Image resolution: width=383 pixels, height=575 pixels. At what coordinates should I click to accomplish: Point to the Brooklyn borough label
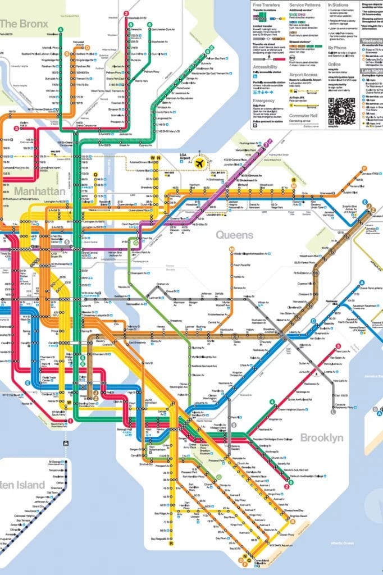(x=321, y=437)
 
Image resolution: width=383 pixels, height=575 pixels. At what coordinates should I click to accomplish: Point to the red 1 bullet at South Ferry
(x=71, y=421)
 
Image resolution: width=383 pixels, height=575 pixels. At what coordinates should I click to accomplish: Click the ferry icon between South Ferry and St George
(x=67, y=443)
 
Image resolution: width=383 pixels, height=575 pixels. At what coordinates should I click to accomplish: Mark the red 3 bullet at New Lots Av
(x=338, y=346)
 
